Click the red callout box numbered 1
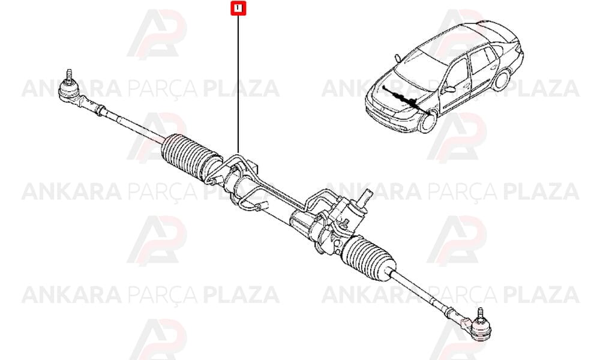point(238,8)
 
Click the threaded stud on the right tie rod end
point(479,314)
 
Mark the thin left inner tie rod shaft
point(134,125)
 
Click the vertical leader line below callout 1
point(238,84)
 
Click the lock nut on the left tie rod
point(100,110)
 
